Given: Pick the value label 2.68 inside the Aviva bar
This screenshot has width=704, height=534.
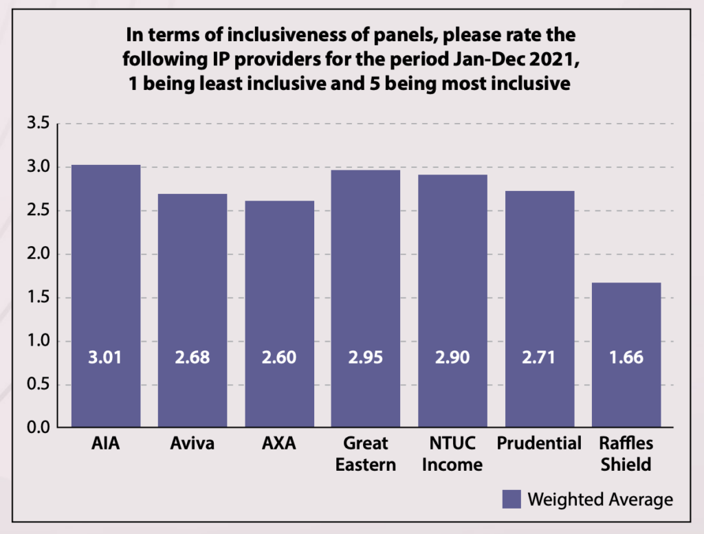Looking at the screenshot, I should pyautogui.click(x=192, y=358).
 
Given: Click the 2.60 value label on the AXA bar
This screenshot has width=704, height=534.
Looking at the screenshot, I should pyautogui.click(x=279, y=358).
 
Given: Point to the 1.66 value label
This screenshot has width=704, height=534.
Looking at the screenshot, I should pyautogui.click(x=626, y=358).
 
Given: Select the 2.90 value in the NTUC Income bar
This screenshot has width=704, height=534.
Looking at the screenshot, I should pyautogui.click(x=452, y=358).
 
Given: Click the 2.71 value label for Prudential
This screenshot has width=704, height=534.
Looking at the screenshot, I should pyautogui.click(x=539, y=358).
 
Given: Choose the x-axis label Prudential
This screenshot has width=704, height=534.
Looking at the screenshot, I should pyautogui.click(x=540, y=443).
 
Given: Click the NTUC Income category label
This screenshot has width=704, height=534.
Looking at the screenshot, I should pyautogui.click(x=452, y=454).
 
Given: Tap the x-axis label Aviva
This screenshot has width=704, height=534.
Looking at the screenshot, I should pyautogui.click(x=192, y=443).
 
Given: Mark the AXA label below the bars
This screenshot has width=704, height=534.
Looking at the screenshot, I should pyautogui.click(x=279, y=443).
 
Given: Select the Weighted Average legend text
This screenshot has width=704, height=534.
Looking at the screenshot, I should pyautogui.click(x=600, y=499).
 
